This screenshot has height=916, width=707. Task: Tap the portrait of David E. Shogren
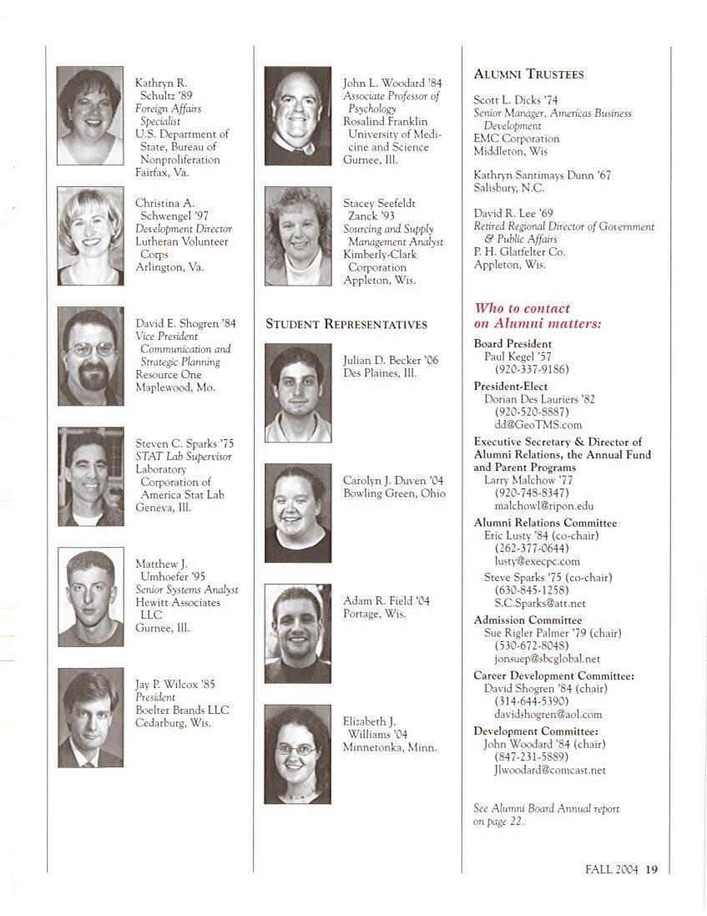pyautogui.click(x=90, y=357)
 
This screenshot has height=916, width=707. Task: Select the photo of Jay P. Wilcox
pyautogui.click(x=90, y=717)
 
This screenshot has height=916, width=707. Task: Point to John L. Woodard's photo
pyautogui.click(x=297, y=116)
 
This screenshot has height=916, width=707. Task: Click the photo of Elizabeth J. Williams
pyautogui.click(x=297, y=754)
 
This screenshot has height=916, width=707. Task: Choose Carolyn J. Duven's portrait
pyautogui.click(x=297, y=513)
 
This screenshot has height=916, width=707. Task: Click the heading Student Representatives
pyautogui.click(x=346, y=324)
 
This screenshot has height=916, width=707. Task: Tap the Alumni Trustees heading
pyautogui.click(x=528, y=74)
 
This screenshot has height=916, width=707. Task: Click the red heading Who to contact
pyautogui.click(x=522, y=309)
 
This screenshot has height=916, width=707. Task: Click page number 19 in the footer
pyautogui.click(x=651, y=869)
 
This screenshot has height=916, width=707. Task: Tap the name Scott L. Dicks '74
pyautogui.click(x=515, y=100)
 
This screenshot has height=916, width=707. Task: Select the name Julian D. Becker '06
pyautogui.click(x=390, y=361)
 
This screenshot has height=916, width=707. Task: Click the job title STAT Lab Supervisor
pyautogui.click(x=183, y=457)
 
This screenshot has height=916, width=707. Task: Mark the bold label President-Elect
pyautogui.click(x=510, y=387)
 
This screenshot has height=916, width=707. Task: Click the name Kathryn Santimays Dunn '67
pyautogui.click(x=542, y=175)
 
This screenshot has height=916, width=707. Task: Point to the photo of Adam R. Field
pyautogui.click(x=297, y=633)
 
